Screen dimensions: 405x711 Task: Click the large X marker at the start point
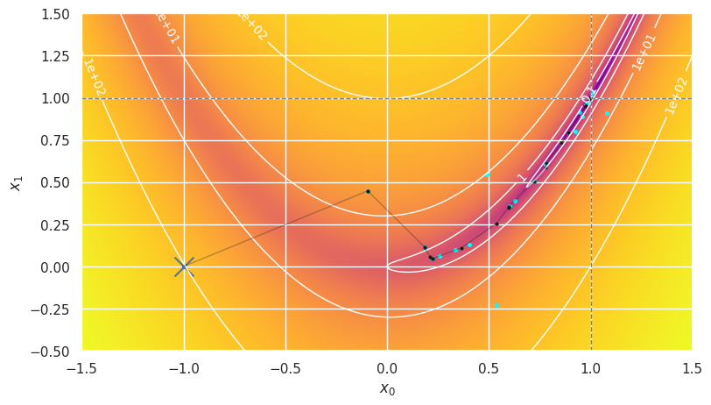point(184,266)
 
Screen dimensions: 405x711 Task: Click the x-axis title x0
point(387,388)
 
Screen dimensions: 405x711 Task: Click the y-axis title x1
point(15,182)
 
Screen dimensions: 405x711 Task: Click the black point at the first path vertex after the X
point(368,191)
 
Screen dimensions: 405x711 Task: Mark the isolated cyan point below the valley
point(496,305)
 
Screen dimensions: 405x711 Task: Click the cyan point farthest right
point(607,113)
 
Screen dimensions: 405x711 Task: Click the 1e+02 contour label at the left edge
point(95,77)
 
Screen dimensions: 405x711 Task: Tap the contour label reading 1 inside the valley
point(522,177)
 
